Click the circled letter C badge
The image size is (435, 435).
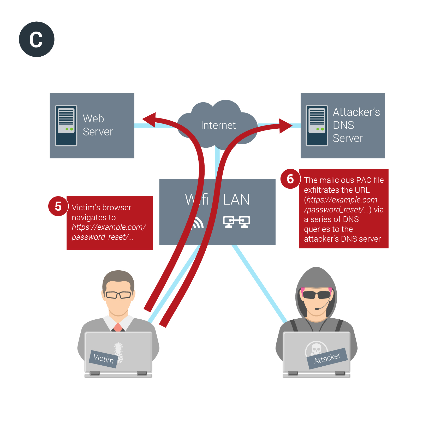point(37,39)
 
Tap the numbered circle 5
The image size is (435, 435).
point(58,206)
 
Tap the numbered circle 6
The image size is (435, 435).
point(290,179)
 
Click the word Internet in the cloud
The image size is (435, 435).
point(218,125)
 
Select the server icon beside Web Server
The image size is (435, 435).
point(66,125)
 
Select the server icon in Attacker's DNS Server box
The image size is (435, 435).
point(317,125)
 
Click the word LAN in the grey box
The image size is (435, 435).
point(236,200)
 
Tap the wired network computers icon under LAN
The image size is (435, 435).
point(236,222)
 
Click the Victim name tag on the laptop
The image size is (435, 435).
point(104,359)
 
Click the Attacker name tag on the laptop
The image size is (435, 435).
point(327,358)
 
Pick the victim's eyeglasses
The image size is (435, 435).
point(118,295)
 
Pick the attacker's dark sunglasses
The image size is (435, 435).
point(317,295)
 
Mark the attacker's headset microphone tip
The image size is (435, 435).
point(317,309)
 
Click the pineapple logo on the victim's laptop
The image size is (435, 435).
point(119,351)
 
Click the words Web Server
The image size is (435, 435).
point(98,125)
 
